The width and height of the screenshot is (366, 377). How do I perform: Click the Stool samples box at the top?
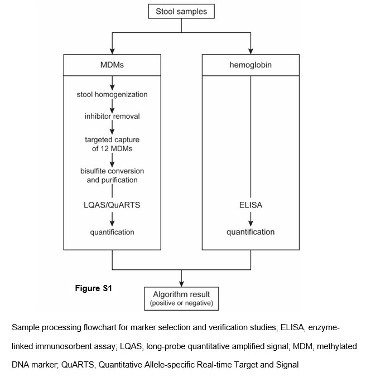[182, 11]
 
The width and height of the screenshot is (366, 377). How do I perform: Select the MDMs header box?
[112, 65]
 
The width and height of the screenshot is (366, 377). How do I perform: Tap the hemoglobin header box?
[251, 65]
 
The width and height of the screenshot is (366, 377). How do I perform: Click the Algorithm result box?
[182, 298]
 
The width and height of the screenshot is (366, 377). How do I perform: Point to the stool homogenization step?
[112, 94]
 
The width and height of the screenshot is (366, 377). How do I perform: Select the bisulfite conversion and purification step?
[112, 176]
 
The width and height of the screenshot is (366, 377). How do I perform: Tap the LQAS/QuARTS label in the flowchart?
[112, 205]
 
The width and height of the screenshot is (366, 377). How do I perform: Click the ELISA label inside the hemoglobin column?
[251, 205]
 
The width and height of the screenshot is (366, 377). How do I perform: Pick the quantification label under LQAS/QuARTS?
[112, 232]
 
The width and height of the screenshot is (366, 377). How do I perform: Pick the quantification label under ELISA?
[251, 232]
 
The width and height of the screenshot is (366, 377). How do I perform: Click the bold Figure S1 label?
[94, 288]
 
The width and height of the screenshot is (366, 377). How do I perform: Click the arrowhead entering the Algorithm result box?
[182, 283]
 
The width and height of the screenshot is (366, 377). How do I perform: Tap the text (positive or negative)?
[182, 303]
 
